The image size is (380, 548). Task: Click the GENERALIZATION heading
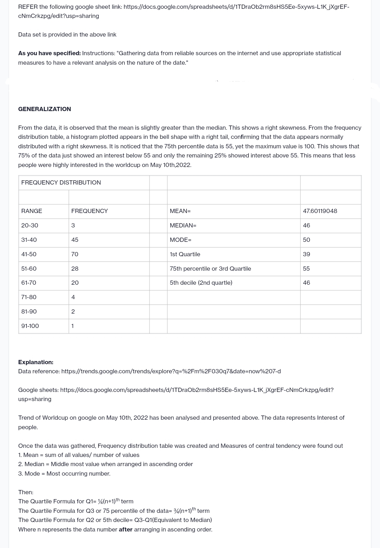44,109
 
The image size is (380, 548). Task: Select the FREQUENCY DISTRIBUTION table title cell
61,182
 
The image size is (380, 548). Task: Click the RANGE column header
32,211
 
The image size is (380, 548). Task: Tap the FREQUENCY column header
89,211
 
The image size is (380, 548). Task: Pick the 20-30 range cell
30,225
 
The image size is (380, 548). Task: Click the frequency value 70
75,254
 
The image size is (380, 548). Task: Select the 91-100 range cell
30,326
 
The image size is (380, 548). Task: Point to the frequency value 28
75,269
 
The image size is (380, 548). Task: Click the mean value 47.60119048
320,211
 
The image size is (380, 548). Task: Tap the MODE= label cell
180,240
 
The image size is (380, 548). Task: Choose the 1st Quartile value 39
306,254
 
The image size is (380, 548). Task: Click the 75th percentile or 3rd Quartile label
210,269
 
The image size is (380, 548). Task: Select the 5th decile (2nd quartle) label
201,283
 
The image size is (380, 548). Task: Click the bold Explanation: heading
36,362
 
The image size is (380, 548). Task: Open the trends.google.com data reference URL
171,371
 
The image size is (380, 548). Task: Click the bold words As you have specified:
49,53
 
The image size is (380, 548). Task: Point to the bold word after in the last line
126,529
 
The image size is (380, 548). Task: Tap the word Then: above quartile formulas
26,492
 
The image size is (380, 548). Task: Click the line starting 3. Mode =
64,473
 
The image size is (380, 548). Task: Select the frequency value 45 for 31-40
75,240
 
